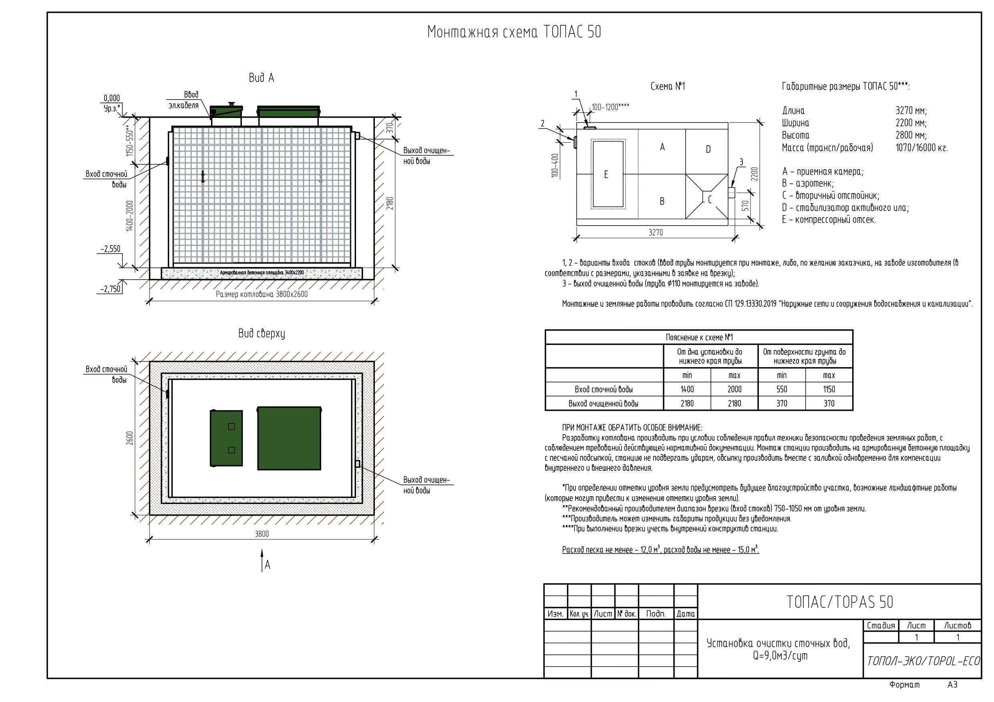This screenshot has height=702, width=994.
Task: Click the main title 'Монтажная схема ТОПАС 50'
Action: pos(514,32)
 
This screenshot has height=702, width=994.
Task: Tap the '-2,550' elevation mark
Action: pos(111,249)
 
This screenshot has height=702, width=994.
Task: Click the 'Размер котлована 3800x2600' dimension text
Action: pos(262,294)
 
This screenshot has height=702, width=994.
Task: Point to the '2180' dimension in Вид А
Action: pos(390,203)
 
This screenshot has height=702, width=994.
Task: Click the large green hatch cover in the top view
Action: pos(289,438)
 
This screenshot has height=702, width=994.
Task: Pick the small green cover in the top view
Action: pos(226,438)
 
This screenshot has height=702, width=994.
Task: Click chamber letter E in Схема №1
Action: pos(606,174)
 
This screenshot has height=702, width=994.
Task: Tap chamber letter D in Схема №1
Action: pos(708,150)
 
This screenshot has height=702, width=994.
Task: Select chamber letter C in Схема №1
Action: pos(710,200)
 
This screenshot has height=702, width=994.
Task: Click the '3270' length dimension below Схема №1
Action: pos(656,233)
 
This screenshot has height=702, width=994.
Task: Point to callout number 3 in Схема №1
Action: pos(741,162)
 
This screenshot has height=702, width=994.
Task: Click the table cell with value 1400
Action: pos(687,389)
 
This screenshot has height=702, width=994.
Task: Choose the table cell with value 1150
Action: pos(829,389)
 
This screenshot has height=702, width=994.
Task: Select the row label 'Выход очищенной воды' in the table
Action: pos(604,404)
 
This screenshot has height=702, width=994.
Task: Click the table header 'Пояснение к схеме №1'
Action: pos(699,337)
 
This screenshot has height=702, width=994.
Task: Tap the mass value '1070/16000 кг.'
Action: pos(922,148)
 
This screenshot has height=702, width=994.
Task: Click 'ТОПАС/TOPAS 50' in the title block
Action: pos(839,602)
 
